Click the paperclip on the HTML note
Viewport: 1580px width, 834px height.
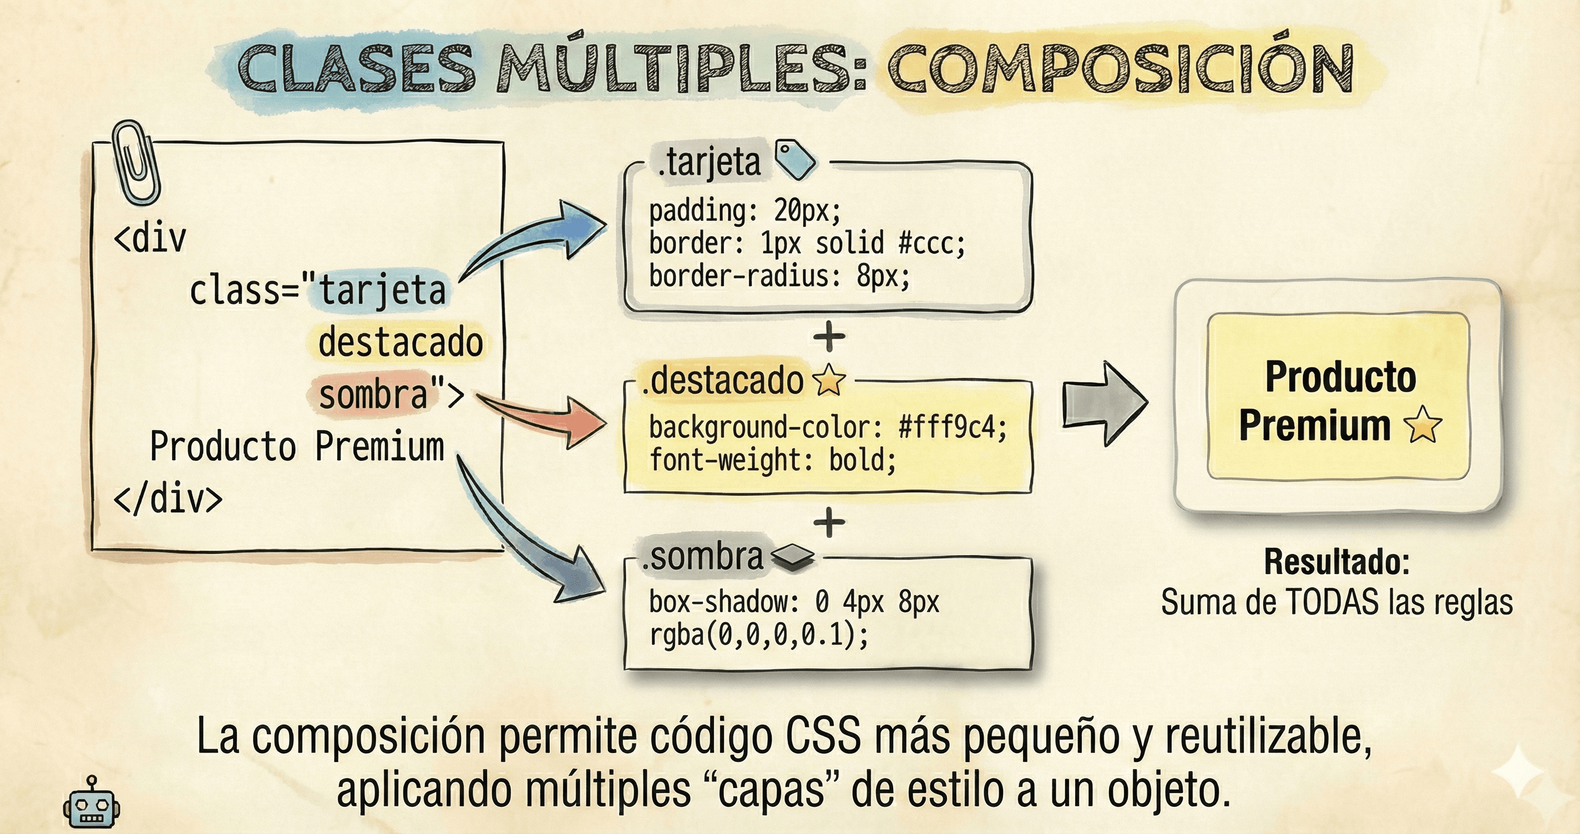(x=136, y=162)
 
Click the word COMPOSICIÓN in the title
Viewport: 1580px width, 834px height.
(x=1120, y=69)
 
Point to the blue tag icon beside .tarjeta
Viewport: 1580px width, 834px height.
(x=795, y=160)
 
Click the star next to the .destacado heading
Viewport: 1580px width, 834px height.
(x=829, y=381)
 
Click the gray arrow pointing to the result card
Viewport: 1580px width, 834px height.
(x=1104, y=403)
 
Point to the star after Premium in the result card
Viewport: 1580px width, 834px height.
(x=1422, y=425)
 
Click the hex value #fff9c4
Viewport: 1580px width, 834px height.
(x=952, y=428)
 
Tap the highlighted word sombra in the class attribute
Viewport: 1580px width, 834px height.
(x=373, y=394)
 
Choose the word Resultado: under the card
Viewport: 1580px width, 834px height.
(x=1336, y=562)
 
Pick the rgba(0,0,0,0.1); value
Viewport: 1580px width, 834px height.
(x=759, y=635)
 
